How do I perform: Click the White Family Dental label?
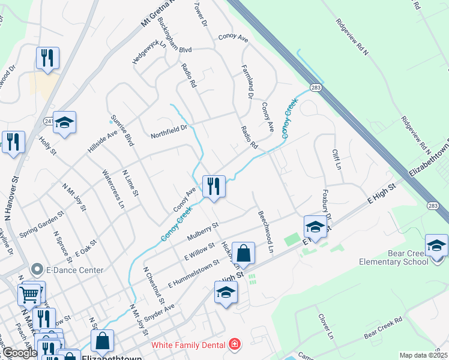[187, 344]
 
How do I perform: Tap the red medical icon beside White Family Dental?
[234, 344]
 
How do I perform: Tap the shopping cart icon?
[29, 295]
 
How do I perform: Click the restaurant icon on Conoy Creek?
[214, 186]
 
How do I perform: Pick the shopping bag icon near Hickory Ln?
[244, 254]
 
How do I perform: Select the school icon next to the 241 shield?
[64, 122]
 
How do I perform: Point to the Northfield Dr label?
[169, 128]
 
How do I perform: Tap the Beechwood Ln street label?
[265, 230]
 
